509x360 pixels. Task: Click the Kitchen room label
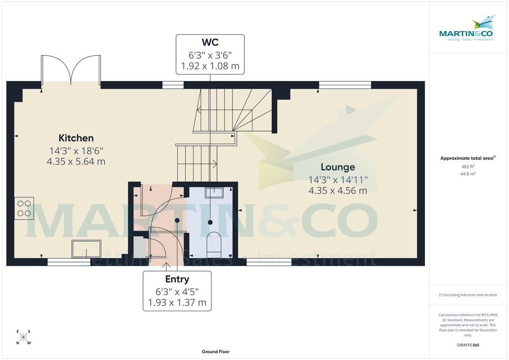76,138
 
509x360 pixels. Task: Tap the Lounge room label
338,167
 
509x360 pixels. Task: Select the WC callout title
210,43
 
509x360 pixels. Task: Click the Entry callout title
177,279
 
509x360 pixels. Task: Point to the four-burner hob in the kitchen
24,208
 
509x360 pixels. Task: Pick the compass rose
24,337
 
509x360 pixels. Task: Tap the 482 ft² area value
468,167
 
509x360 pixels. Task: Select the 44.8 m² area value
468,174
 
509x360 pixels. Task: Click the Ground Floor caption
215,352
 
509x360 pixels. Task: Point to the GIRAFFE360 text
468,345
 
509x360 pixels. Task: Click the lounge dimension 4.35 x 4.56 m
338,191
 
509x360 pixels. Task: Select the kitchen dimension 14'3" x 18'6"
76,151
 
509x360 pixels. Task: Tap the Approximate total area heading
467,158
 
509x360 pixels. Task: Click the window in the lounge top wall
345,85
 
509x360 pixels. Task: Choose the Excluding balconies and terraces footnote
467,295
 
